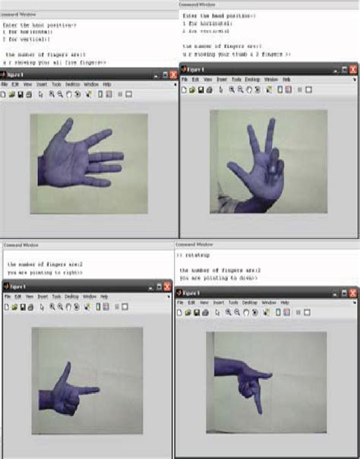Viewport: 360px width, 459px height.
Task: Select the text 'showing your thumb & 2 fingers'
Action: (x=235, y=55)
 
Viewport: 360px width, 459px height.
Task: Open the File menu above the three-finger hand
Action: (x=185, y=79)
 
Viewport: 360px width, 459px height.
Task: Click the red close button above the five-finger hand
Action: (x=173, y=74)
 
